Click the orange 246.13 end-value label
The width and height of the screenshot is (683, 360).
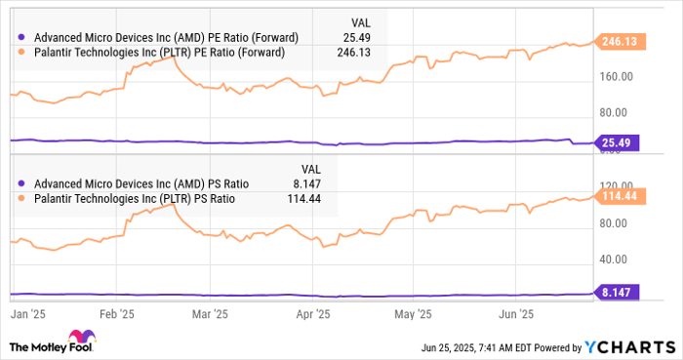click(617, 42)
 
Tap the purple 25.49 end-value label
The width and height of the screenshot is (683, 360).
click(617, 142)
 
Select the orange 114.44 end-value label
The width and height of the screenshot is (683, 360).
click(617, 196)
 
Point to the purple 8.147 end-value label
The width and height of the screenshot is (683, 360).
click(617, 292)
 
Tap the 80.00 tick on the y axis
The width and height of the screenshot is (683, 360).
click(618, 223)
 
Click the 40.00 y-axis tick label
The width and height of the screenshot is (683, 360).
click(618, 260)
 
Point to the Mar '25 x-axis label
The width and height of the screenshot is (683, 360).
click(212, 314)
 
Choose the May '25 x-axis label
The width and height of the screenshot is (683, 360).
click(414, 314)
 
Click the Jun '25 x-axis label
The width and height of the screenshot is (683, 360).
click(515, 314)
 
